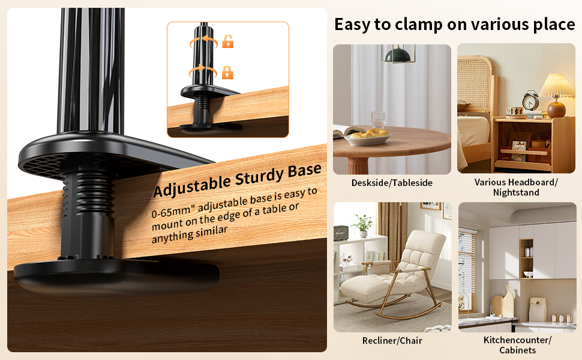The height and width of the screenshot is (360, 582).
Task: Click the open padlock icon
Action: [228, 41]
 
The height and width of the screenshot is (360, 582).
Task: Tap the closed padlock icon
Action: [227, 73]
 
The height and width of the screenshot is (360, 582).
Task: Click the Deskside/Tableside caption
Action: [392, 183]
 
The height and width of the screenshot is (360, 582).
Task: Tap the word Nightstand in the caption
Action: [516, 193]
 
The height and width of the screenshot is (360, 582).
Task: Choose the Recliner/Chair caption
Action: [392, 341]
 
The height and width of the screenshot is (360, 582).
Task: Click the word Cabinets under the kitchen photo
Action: [518, 350]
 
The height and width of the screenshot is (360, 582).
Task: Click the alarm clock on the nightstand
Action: [530, 101]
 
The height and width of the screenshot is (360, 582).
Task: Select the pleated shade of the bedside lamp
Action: [556, 86]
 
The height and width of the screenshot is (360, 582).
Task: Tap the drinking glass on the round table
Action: [377, 119]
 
